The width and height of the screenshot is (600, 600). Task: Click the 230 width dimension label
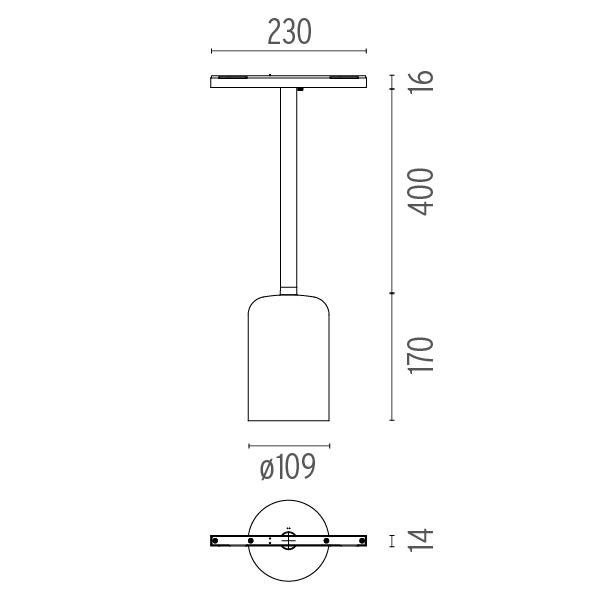point(289,32)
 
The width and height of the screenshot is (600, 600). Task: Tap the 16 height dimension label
point(421,81)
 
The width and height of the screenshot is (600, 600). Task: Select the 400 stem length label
point(421,192)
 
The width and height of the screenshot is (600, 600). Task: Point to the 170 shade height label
point(421,355)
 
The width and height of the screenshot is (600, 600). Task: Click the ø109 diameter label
point(288,466)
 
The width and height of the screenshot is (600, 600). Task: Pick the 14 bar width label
point(421,540)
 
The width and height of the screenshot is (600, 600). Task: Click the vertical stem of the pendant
point(289,188)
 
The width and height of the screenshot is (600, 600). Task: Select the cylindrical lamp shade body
point(289,358)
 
